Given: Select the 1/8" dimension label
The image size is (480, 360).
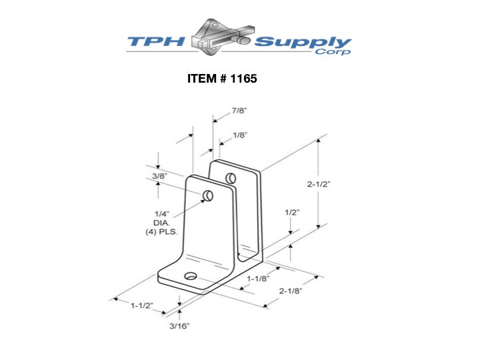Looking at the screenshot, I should [x=240, y=135].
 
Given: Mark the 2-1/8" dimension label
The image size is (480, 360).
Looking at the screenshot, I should [x=292, y=291].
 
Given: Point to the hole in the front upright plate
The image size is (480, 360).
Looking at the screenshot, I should [x=208, y=195].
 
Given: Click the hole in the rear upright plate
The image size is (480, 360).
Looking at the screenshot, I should [x=231, y=178].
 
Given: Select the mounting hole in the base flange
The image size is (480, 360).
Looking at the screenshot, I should [x=191, y=276].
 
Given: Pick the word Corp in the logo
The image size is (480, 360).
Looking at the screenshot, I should [x=335, y=53].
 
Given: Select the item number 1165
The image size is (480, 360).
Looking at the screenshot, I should [x=243, y=79].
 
